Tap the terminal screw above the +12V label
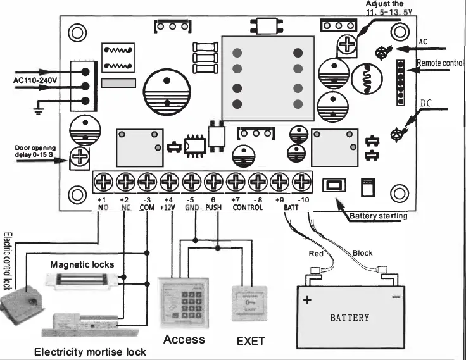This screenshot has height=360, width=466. click(x=169, y=181)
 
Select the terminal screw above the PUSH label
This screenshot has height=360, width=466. click(x=213, y=181)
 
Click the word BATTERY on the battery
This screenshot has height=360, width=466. click(x=349, y=317)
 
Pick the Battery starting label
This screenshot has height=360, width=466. click(x=379, y=216)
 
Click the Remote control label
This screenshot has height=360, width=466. click(x=441, y=63)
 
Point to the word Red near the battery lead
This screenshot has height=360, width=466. click(x=316, y=253)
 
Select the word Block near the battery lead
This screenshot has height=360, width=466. click(x=362, y=253)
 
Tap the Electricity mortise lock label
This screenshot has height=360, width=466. click(x=89, y=352)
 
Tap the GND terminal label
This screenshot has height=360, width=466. click(x=192, y=208)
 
